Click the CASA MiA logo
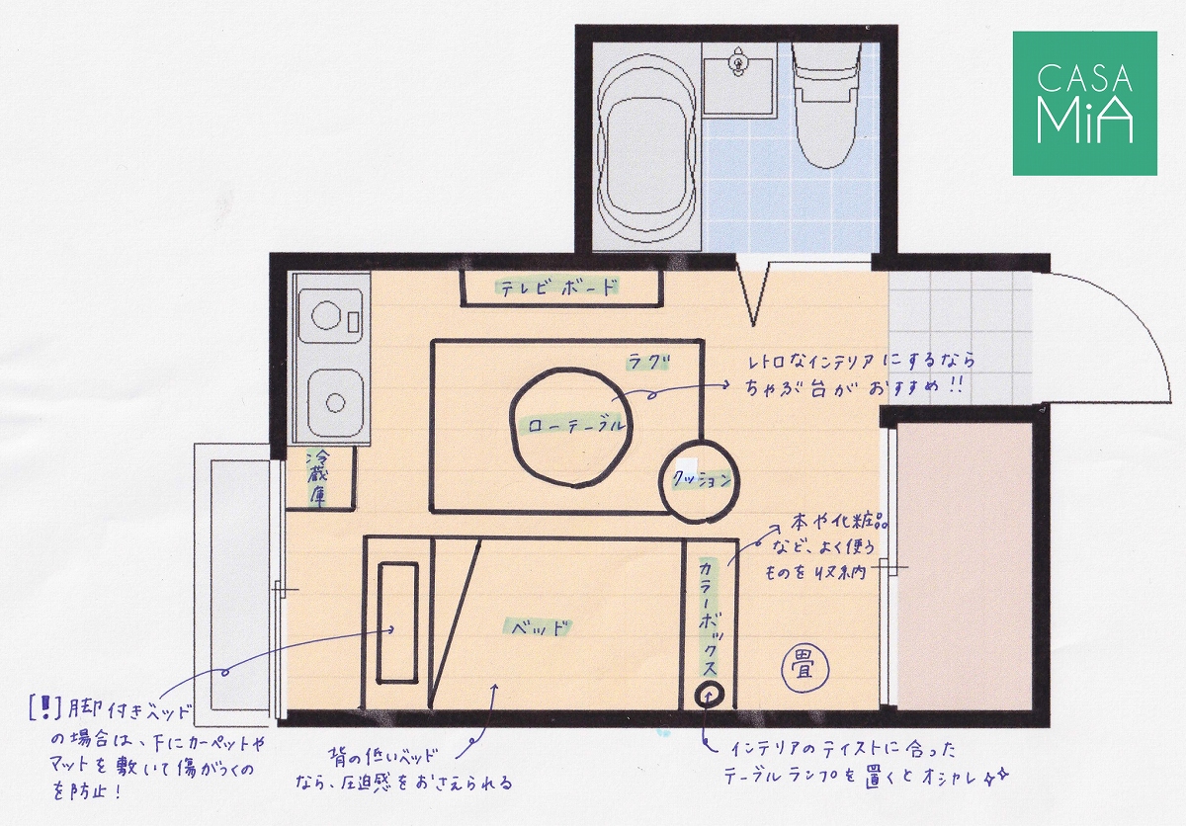tap(1085, 103)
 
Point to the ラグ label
tap(648, 363)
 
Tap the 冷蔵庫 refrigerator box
tap(320, 478)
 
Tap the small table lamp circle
tap(709, 695)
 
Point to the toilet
tap(826, 105)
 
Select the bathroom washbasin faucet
tap(737, 62)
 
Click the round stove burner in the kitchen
tap(324, 316)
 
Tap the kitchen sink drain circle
tap(335, 403)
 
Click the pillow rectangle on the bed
tap(397, 622)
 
